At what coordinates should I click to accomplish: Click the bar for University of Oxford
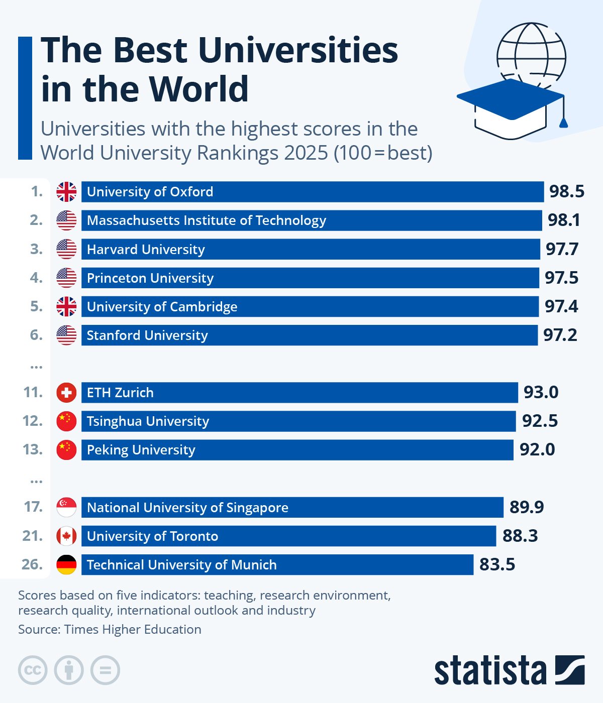tap(312, 192)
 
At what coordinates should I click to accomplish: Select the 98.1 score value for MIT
tap(564, 220)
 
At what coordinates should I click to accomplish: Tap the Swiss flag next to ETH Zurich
tap(66, 393)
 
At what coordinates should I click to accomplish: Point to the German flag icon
tap(66, 565)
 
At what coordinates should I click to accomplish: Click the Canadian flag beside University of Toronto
tap(66, 536)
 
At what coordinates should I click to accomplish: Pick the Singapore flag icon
tap(66, 508)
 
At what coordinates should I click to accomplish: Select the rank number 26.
tap(32, 564)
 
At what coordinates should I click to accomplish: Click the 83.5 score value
tap(497, 564)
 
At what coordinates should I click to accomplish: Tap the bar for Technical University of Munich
tap(277, 565)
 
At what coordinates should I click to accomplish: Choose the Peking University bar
tap(297, 450)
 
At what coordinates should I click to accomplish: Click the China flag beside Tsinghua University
tap(66, 421)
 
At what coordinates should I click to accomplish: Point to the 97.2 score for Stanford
tap(560, 335)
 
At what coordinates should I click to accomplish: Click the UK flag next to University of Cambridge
tap(66, 306)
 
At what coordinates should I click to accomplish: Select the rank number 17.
tap(33, 507)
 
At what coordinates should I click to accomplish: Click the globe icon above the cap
tap(531, 50)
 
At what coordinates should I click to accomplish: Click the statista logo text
tap(490, 670)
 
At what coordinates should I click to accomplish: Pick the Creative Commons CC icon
tap(33, 670)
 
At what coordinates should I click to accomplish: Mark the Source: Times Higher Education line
tap(110, 630)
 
